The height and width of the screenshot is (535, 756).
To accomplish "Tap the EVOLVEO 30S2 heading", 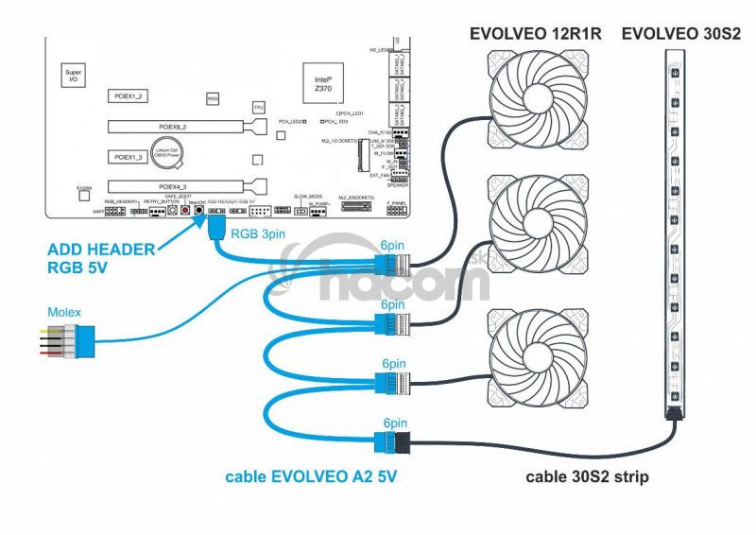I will [x=679, y=35].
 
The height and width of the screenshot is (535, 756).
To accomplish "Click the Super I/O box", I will [x=73, y=76].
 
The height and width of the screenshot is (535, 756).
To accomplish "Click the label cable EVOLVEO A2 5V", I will [x=311, y=476].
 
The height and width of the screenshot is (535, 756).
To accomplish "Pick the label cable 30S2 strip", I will [x=587, y=476].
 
